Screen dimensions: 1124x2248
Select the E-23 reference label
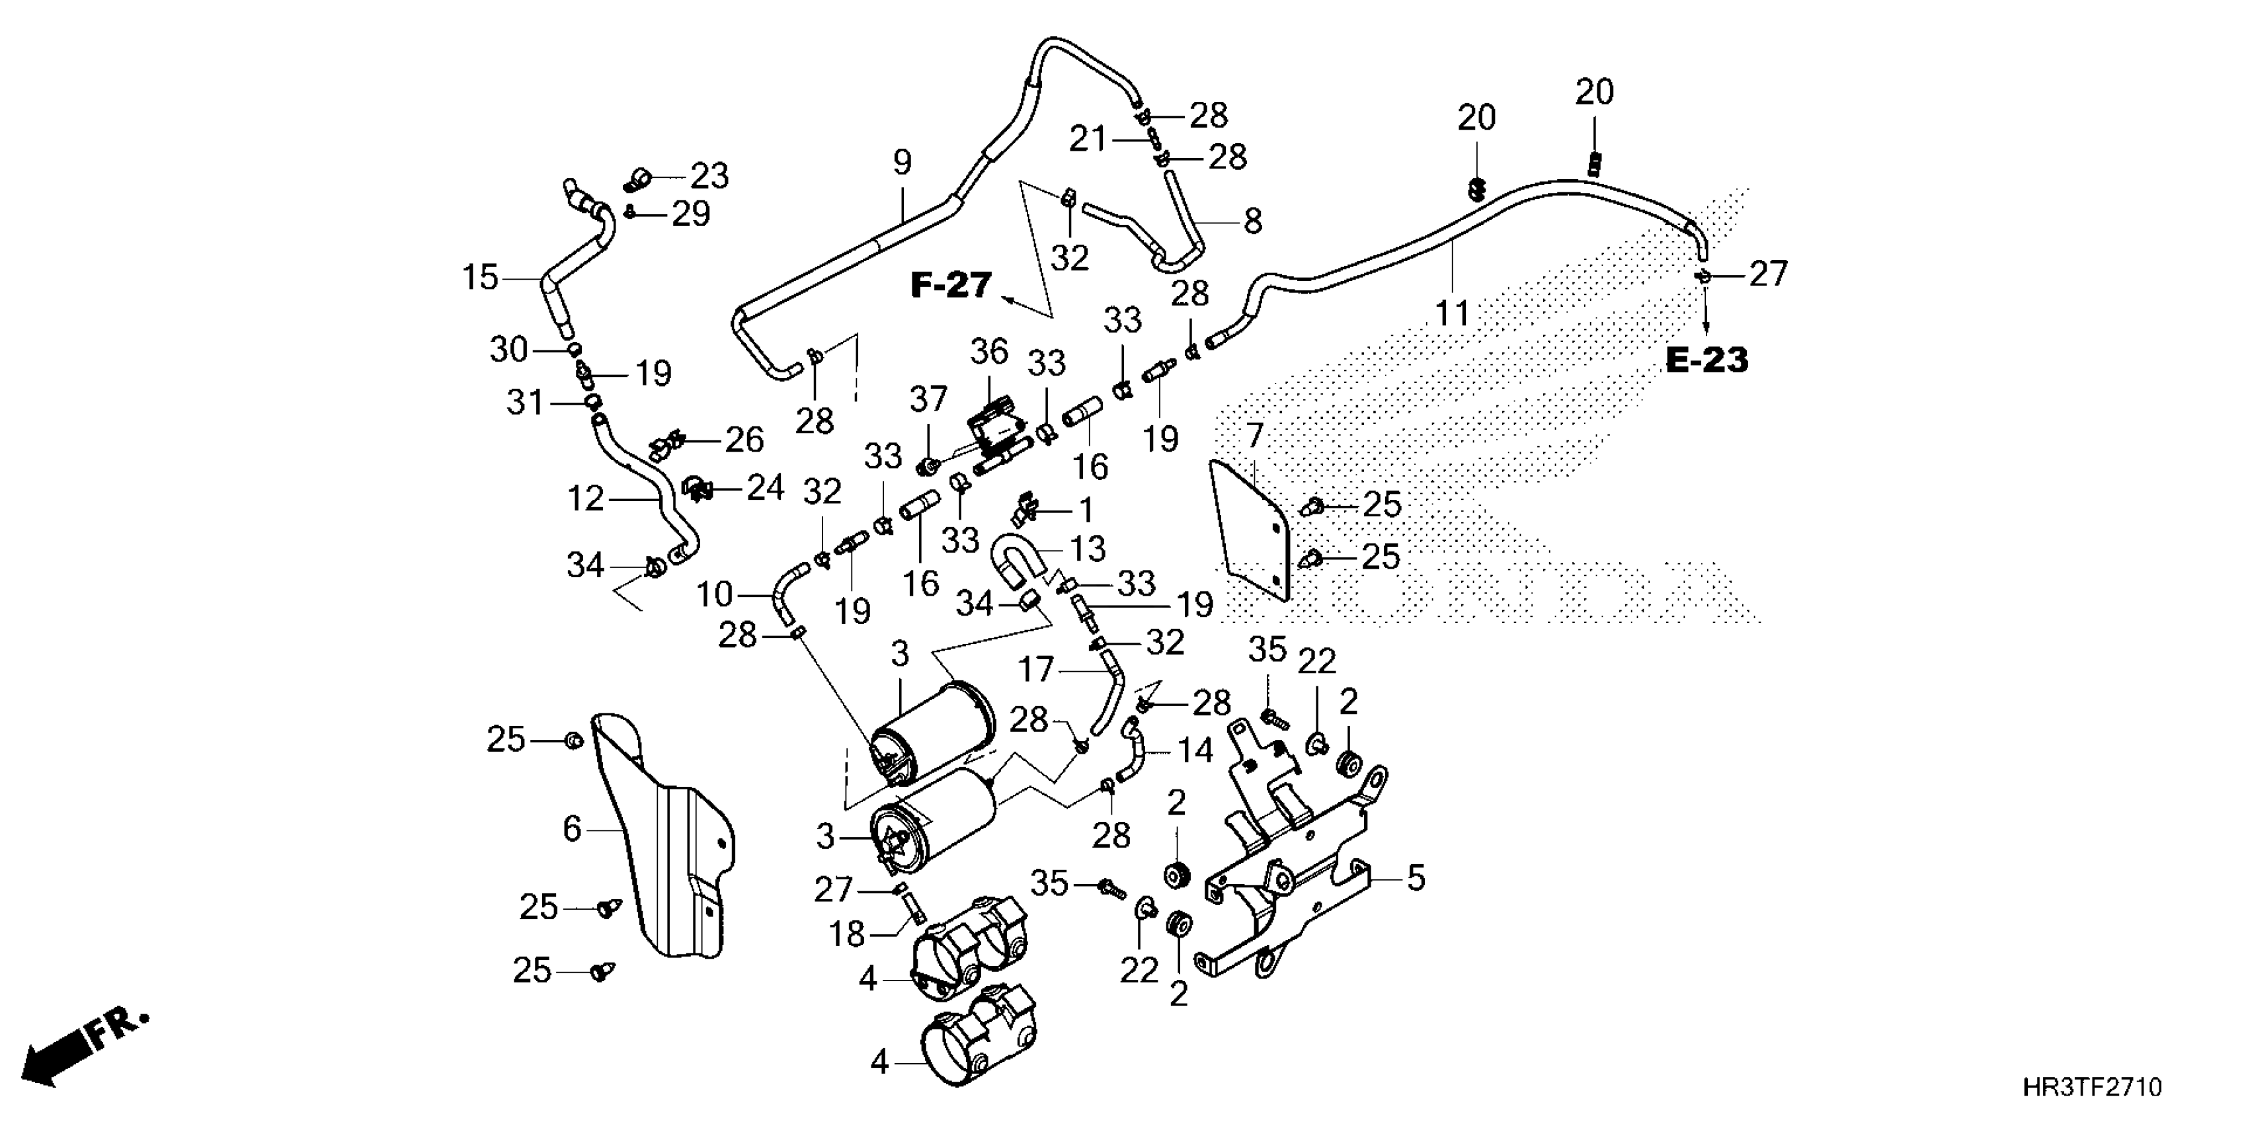[1707, 360]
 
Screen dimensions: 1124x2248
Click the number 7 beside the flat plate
[1255, 434]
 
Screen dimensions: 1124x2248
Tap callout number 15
[480, 278]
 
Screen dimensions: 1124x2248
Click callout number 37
[928, 400]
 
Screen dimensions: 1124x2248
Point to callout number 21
[1088, 139]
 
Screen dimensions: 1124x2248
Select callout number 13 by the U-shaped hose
[1088, 548]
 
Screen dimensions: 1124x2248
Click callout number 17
[1037, 670]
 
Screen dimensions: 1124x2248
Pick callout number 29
[690, 213]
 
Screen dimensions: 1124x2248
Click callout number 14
[1195, 750]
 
